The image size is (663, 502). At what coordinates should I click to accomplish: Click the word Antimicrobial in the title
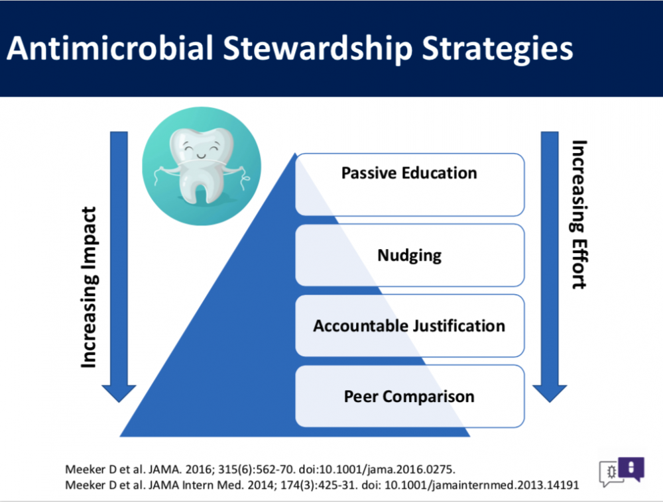coord(110,48)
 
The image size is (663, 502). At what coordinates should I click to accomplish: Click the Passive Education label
coord(409,173)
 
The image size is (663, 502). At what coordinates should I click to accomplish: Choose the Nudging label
coord(409,256)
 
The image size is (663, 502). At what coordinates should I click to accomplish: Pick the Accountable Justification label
coord(409,326)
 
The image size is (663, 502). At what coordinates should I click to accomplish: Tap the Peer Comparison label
coord(409,397)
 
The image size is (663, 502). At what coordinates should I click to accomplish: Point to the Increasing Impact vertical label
coord(90,287)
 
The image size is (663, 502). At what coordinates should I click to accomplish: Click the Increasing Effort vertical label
coord(579,215)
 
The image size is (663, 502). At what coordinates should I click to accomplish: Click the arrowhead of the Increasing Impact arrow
coord(119,393)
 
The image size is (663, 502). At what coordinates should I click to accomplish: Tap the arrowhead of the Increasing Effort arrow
coord(549,393)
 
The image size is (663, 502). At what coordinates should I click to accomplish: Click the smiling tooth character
coord(202,166)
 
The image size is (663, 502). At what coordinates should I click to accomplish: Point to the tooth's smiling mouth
coord(202,157)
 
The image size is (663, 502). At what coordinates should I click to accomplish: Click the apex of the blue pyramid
coord(295,153)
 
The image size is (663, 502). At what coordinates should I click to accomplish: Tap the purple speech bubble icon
coord(631,469)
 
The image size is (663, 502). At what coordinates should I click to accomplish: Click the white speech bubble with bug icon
coord(610,473)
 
